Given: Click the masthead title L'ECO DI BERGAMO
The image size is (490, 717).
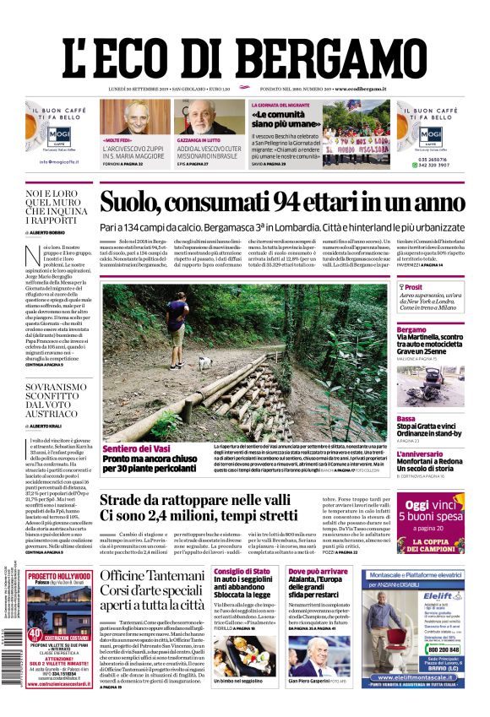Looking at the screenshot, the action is (245, 55).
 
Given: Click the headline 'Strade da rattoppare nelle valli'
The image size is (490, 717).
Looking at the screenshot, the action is (200, 502).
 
